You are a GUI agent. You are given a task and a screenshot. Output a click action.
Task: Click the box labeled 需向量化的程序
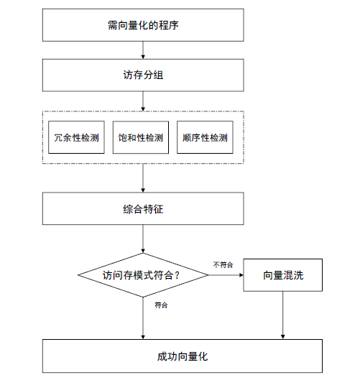(x=143, y=25)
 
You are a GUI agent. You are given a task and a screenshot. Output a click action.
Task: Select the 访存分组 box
(x=143, y=75)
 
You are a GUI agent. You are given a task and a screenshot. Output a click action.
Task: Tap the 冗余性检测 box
(x=76, y=137)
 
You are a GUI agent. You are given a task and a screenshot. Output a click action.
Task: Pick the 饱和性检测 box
(x=141, y=137)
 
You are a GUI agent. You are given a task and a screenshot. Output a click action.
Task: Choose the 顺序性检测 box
(x=205, y=137)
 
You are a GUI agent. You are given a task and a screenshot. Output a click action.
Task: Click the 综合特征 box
(x=143, y=208)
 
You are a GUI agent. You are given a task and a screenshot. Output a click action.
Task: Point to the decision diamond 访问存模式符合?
(x=143, y=275)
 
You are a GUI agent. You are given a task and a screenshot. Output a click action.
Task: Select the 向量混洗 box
(x=283, y=275)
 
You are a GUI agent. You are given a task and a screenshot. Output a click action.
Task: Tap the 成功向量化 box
(x=183, y=356)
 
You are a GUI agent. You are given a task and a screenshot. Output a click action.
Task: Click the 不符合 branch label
(x=223, y=265)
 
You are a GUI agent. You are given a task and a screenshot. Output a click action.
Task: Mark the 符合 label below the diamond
(x=161, y=305)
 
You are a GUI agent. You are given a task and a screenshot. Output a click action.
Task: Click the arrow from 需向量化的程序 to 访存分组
(x=143, y=50)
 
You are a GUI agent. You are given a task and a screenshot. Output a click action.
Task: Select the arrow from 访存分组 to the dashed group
(x=143, y=101)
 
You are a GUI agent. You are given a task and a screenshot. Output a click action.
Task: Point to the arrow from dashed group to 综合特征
(x=143, y=178)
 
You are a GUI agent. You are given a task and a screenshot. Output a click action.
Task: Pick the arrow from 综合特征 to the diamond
(x=143, y=239)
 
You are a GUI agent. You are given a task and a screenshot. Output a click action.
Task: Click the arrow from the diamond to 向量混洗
(x=226, y=275)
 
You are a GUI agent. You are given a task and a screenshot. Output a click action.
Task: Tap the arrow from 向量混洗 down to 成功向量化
(x=283, y=315)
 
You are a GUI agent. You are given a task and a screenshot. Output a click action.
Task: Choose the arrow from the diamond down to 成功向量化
(x=143, y=318)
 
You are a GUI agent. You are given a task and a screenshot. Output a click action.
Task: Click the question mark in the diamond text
(x=177, y=275)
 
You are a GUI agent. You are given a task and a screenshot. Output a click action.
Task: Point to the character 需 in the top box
(x=112, y=25)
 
